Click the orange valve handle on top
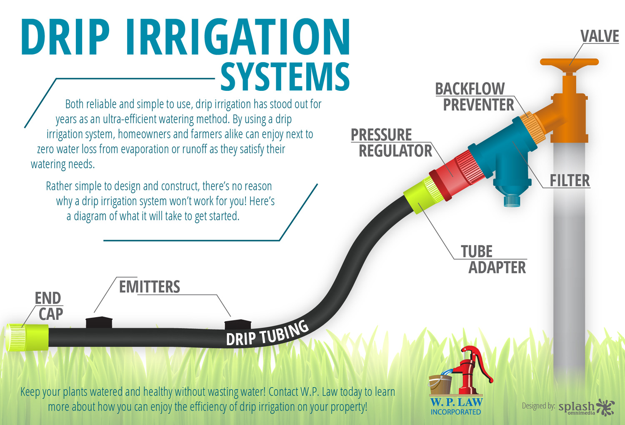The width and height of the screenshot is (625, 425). pyautogui.click(x=569, y=62)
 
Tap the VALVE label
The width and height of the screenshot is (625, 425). pyautogui.click(x=600, y=36)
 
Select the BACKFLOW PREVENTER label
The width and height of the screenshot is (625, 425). pyautogui.click(x=475, y=97)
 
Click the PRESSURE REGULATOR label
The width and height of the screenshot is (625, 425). pyautogui.click(x=392, y=142)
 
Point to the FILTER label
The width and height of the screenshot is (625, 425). pyautogui.click(x=570, y=180)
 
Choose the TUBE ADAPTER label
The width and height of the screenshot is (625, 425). pyautogui.click(x=493, y=260)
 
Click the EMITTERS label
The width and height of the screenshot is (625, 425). pyautogui.click(x=150, y=287)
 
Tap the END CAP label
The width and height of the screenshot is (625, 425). pyautogui.click(x=49, y=306)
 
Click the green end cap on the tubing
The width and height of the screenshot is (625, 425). pyautogui.click(x=27, y=337)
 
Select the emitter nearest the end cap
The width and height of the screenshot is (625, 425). pyautogui.click(x=99, y=322)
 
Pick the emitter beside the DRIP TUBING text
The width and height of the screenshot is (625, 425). pyautogui.click(x=238, y=325)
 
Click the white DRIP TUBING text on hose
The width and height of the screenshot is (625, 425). pyautogui.click(x=267, y=333)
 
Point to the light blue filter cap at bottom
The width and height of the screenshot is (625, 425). pyautogui.click(x=512, y=201)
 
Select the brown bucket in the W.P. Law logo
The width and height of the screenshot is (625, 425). pyautogui.click(x=440, y=385)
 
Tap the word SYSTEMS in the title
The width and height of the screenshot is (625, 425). pyautogui.click(x=285, y=76)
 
